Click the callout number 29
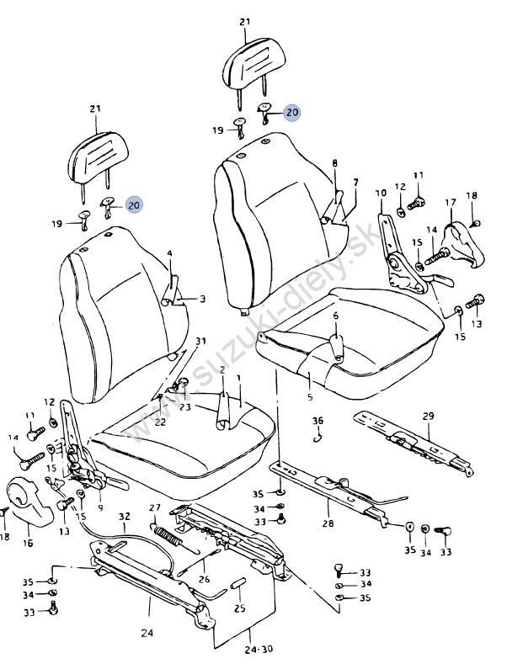pyautogui.click(x=428, y=417)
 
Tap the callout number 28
pyautogui.click(x=327, y=523)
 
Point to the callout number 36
pyautogui.click(x=318, y=421)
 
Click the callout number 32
pyautogui.click(x=124, y=517)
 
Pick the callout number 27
pyautogui.click(x=154, y=507)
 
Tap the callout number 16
pyautogui.click(x=27, y=544)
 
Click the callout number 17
pyautogui.click(x=451, y=203)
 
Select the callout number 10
pyautogui.click(x=381, y=194)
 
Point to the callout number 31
pyautogui.click(x=200, y=341)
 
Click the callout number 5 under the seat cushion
pyautogui.click(x=309, y=397)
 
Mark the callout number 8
pyautogui.click(x=334, y=163)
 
